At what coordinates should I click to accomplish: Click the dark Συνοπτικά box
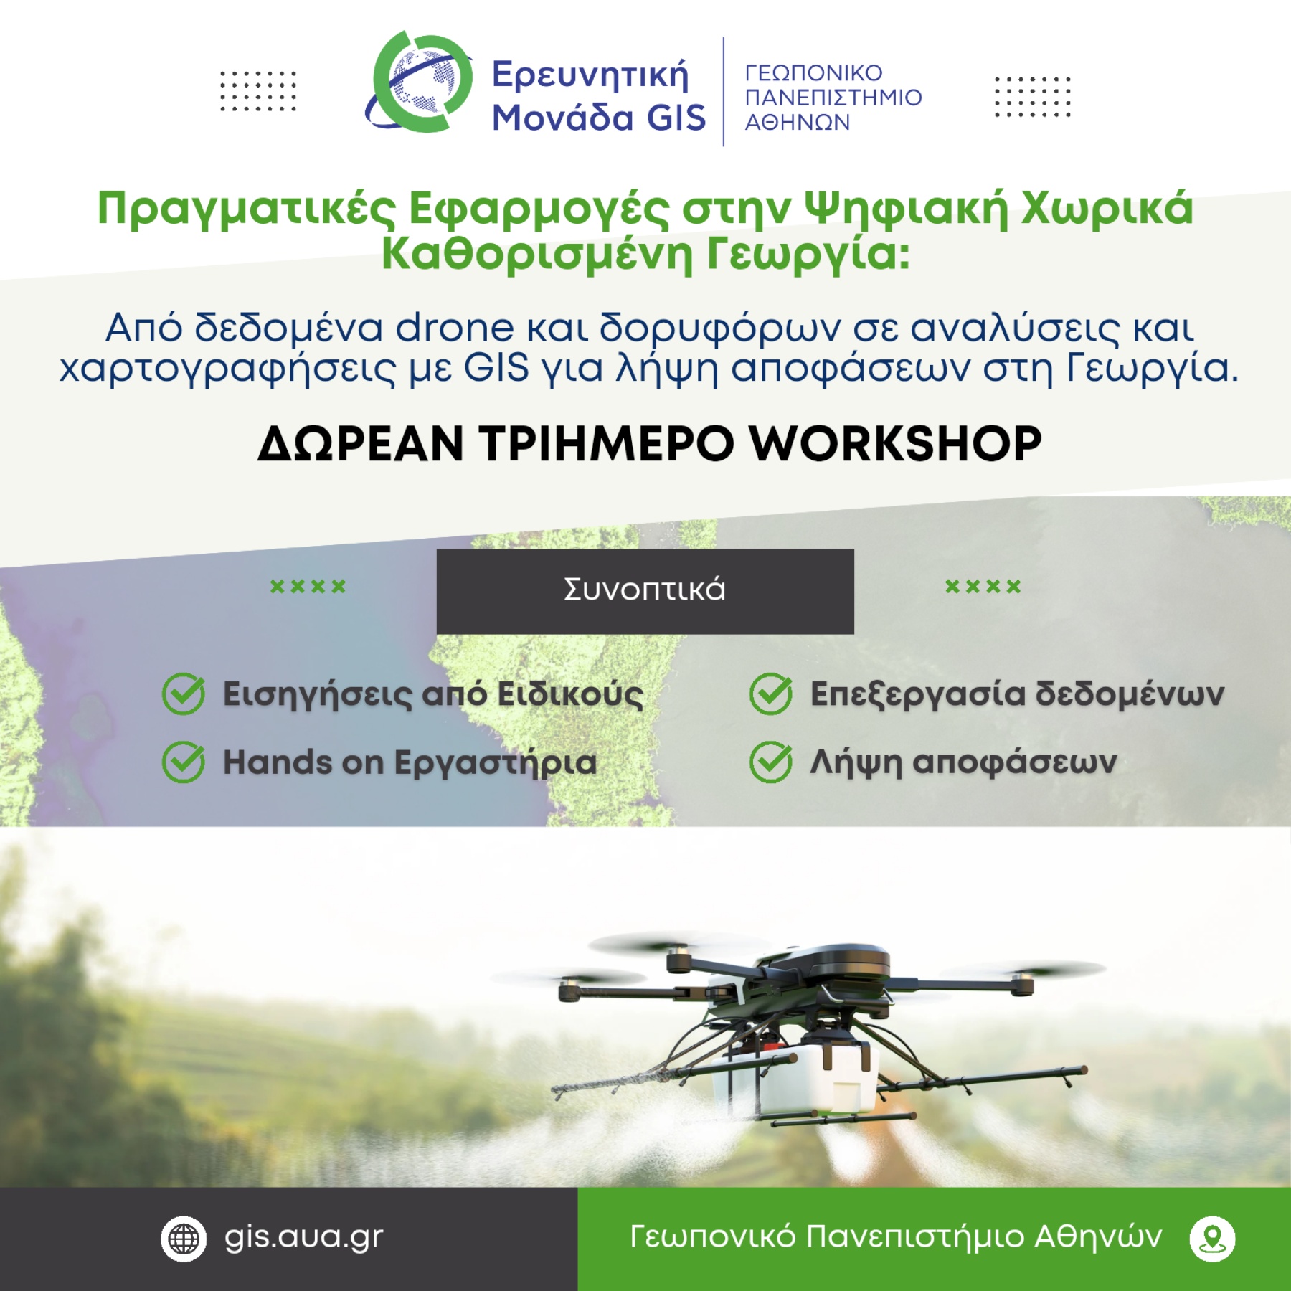coord(645,591)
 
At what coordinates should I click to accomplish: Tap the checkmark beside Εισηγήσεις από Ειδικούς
coord(184,694)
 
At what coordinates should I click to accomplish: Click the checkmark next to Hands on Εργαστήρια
coord(184,762)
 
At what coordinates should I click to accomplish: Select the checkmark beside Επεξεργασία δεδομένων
coord(771,694)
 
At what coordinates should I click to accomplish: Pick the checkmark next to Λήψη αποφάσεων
coord(771,762)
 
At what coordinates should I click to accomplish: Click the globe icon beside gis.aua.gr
coord(184,1239)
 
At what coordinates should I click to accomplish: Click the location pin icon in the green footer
coord(1212,1239)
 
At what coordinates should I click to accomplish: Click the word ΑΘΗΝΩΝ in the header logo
coord(797,123)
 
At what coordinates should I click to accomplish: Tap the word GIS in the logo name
coord(676,118)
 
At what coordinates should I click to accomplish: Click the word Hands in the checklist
coord(277,762)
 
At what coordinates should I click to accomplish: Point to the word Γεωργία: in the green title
coord(808,255)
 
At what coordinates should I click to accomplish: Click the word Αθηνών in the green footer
coord(1098,1237)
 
